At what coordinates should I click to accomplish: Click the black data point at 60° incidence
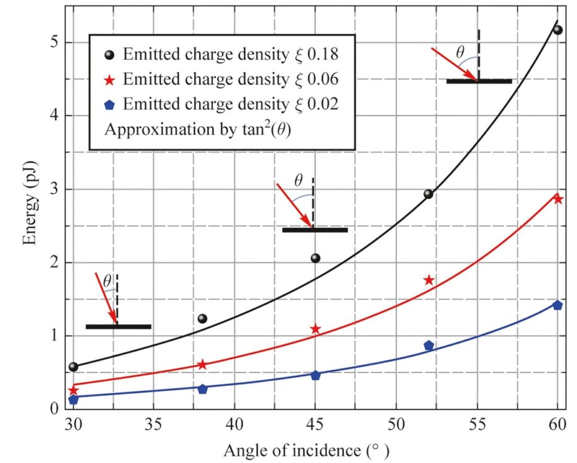558,30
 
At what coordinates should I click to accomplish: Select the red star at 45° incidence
316,329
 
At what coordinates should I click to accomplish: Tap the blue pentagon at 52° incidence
429,345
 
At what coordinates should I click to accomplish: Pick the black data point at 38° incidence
202,319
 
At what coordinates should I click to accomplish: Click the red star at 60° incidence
558,199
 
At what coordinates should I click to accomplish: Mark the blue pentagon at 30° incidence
73,399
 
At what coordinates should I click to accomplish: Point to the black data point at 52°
428,194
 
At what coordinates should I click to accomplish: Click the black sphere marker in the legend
110,55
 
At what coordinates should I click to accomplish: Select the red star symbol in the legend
110,80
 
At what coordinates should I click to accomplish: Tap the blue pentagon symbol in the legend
110,105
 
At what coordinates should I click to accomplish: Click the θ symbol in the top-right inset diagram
460,53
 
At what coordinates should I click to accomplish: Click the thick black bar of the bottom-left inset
118,327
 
